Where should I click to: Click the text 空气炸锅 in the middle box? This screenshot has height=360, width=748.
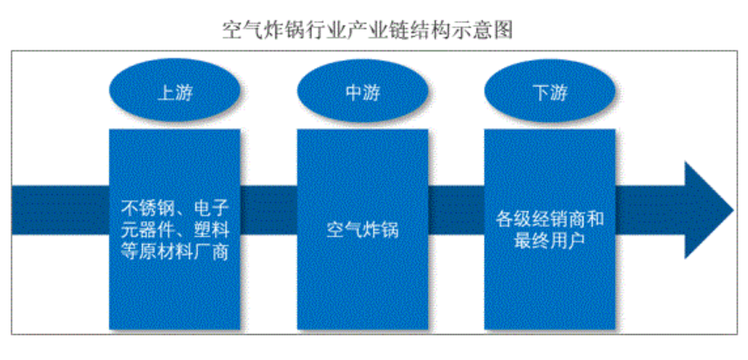coord(362,231)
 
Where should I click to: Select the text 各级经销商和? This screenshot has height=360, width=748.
coord(549,219)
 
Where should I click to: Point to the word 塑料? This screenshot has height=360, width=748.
coord(208,231)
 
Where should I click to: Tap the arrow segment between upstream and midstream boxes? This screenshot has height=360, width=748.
coord(269,210)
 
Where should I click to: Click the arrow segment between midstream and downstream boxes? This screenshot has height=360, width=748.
coord(456,210)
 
